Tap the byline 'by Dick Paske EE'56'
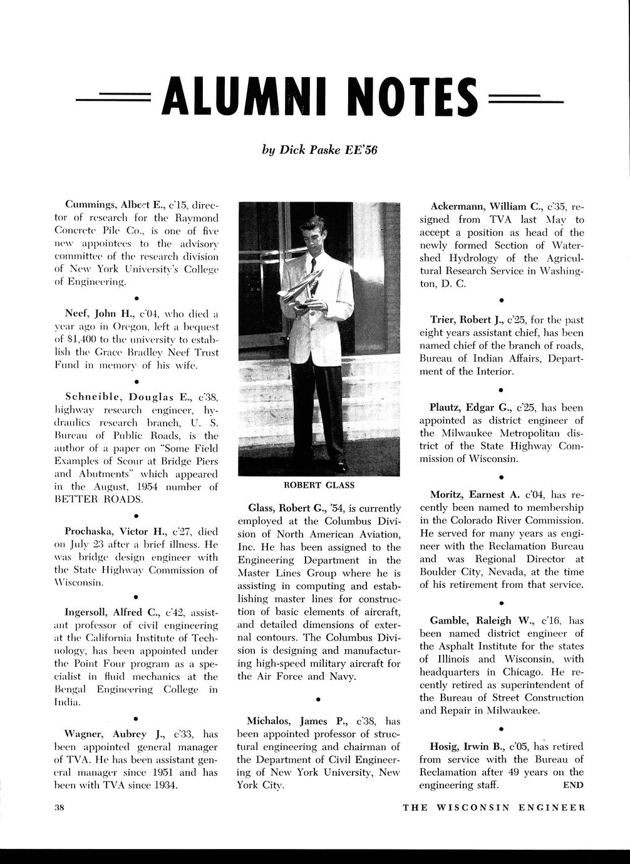[x=319, y=150]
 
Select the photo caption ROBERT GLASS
[x=319, y=485]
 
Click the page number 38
[x=60, y=807]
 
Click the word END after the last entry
[x=573, y=784]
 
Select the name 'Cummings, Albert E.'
[x=115, y=205]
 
